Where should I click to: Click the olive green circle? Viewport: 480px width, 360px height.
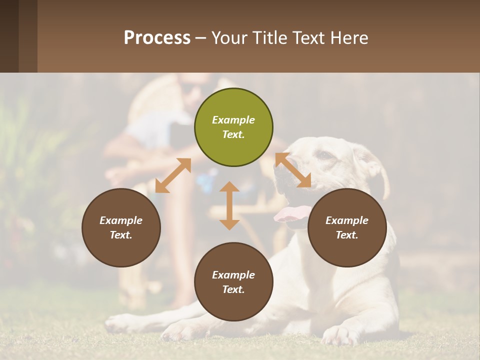(233, 127)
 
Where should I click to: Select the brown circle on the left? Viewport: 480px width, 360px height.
(121, 227)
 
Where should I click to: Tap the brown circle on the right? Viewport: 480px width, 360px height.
(347, 227)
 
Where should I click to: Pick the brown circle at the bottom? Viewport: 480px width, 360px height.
(233, 282)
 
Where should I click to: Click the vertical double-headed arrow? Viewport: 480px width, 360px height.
(229, 205)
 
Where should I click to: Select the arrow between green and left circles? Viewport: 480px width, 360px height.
(173, 175)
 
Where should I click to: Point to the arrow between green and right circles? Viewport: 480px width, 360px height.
(293, 170)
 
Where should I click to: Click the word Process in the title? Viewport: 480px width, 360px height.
(157, 37)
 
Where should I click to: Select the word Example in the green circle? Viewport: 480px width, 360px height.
(233, 120)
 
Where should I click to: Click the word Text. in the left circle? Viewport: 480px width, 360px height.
(121, 235)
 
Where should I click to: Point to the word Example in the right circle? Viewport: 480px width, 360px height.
(347, 220)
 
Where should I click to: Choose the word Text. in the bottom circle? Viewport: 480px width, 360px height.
(233, 289)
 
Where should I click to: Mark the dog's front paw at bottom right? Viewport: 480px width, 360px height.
(340, 335)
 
